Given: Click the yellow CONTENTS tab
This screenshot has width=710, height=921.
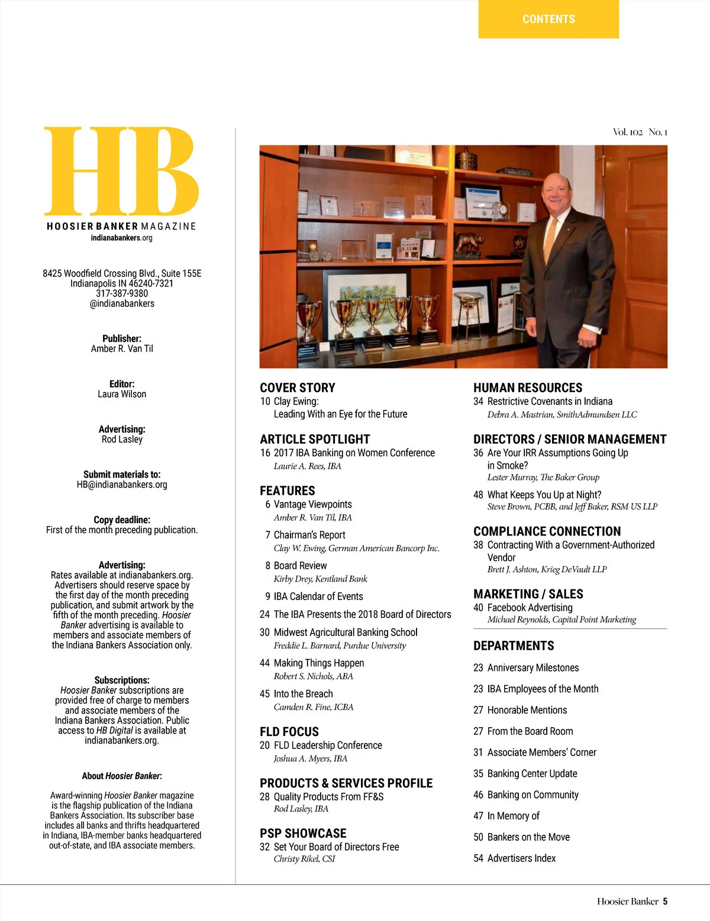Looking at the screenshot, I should click(548, 19).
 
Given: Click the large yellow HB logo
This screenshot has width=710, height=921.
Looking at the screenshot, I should click(122, 171).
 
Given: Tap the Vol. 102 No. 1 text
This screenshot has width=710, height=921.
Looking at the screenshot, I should click(640, 132).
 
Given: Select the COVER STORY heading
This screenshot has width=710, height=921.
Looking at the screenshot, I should click(298, 388).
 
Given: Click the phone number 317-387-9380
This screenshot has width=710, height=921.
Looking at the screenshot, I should click(122, 293).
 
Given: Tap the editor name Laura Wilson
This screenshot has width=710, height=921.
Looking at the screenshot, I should click(122, 394).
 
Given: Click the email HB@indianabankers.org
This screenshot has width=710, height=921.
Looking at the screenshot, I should click(122, 485).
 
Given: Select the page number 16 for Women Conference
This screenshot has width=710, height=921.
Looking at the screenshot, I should click(265, 453).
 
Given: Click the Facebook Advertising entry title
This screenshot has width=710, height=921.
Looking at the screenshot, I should click(530, 608).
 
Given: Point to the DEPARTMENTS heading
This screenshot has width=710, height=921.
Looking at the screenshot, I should click(514, 646).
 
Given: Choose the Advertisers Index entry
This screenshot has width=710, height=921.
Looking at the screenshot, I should click(521, 858).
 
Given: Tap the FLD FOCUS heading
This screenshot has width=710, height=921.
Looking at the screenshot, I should click(289, 731).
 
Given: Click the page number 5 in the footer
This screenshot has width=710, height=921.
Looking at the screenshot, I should click(665, 901).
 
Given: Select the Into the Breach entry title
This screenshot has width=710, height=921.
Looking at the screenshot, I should click(303, 694).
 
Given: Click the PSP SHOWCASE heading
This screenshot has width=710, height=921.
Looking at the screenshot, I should click(303, 833).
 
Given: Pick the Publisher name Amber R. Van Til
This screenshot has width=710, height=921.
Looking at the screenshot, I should click(122, 349).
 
